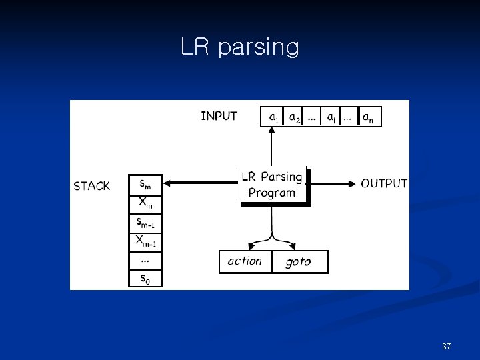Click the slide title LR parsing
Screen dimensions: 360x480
coord(240,47)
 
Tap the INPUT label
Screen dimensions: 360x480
coord(219,116)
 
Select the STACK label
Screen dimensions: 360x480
coord(92,186)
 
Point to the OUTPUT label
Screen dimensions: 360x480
coord(384,183)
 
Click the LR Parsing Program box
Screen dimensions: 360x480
coord(272,185)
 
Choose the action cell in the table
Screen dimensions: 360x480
coord(245,261)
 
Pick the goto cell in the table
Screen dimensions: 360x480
coord(299,262)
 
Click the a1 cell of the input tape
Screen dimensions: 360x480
coord(273,117)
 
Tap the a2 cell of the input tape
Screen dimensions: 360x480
coord(294,117)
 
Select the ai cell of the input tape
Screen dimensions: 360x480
coord(331,117)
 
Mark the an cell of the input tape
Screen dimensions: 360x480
coord(368,117)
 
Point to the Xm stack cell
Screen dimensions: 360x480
coord(145,203)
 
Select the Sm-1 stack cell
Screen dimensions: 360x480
coord(145,221)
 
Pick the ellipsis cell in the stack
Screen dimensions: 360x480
coord(145,259)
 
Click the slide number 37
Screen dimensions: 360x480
coord(447,347)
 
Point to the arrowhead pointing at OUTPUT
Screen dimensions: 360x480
coord(351,183)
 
